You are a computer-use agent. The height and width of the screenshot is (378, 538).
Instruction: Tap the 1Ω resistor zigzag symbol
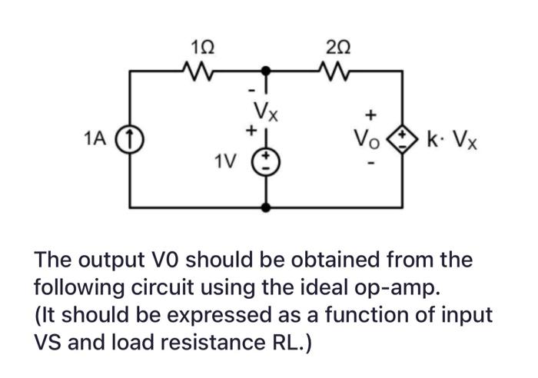(x=201, y=71)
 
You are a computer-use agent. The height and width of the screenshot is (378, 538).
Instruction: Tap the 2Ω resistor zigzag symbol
(x=334, y=71)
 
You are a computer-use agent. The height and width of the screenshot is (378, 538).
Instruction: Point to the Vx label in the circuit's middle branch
(x=266, y=117)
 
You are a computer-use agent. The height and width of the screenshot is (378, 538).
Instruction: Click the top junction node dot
(x=267, y=71)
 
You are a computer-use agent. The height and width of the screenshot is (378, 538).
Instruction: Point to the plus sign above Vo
(x=370, y=115)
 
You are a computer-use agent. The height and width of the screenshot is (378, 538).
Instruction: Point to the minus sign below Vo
(x=370, y=164)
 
